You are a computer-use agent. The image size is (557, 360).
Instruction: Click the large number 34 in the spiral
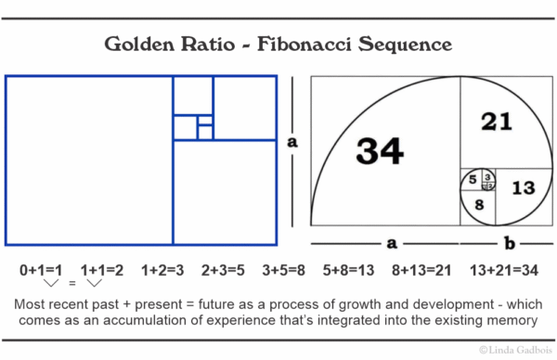tap(380, 151)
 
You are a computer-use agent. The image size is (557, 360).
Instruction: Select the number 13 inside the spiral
tap(524, 188)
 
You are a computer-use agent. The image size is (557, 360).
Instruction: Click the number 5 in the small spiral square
tap(473, 179)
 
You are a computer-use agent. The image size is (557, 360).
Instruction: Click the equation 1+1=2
tap(103, 270)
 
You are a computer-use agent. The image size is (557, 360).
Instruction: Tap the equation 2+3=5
tap(224, 270)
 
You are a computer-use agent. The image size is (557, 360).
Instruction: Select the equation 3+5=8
tap(284, 270)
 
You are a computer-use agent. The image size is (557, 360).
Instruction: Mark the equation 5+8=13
tap(347, 270)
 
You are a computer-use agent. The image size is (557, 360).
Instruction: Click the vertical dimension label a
tap(292, 142)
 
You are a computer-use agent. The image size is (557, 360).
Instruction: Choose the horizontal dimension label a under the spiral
tap(392, 243)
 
